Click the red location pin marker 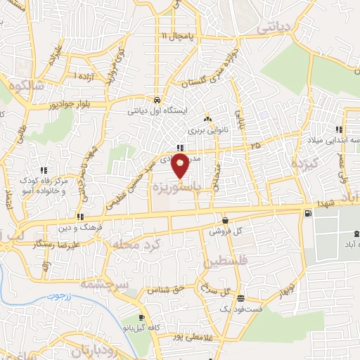(181, 167)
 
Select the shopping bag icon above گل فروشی (225, 220)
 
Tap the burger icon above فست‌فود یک (240, 298)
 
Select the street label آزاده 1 (86, 75)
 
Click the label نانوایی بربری (205, 129)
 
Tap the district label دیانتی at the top (274, 28)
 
